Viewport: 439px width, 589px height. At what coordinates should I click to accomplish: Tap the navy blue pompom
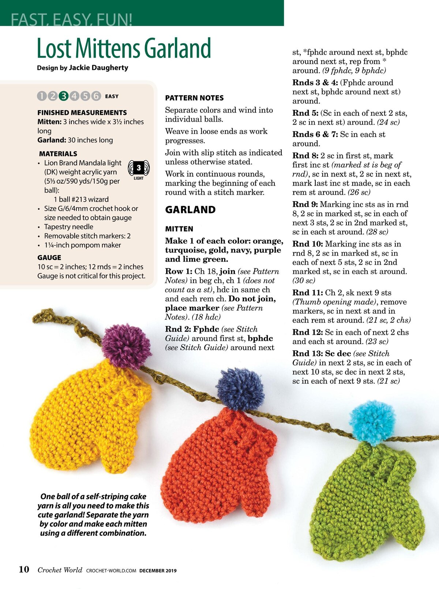240,389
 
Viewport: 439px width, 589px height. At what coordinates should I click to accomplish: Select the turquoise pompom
372,422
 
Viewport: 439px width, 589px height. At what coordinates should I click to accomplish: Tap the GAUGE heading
49,257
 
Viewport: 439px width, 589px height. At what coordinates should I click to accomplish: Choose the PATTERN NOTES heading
194,98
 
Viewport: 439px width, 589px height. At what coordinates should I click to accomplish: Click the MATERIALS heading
58,154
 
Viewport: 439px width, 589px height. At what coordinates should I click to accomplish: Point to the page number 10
24,569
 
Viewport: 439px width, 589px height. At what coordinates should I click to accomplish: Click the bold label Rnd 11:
307,293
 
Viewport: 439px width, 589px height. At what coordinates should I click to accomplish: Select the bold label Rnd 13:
307,353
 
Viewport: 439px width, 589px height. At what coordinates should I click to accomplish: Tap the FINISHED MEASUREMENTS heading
82,112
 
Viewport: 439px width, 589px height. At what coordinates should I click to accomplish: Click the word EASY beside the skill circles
112,96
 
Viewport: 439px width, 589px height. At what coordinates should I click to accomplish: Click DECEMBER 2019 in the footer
158,570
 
